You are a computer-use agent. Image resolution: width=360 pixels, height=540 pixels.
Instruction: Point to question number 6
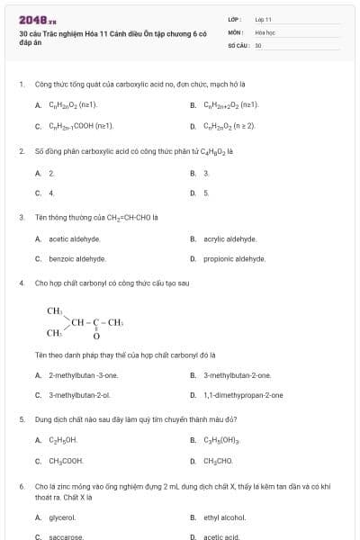tap(22, 486)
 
